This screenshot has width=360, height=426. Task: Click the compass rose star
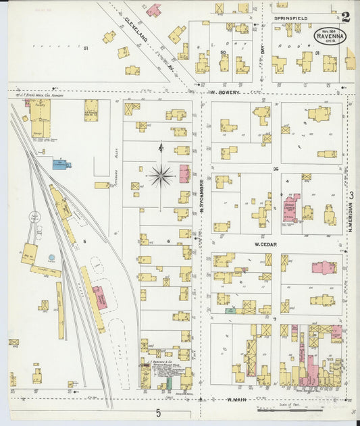click(x=161, y=177)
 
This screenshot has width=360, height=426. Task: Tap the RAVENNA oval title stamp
click(x=330, y=35)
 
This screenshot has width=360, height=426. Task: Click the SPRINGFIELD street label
click(x=290, y=17)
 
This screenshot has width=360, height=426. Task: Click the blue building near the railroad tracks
click(x=62, y=163)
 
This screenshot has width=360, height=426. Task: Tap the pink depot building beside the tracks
click(x=99, y=297)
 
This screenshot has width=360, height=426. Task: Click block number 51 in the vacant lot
click(x=86, y=49)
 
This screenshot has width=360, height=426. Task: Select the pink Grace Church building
click(x=291, y=207)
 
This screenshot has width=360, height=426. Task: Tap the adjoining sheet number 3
click(x=352, y=196)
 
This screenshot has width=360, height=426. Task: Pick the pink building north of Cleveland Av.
click(x=154, y=10)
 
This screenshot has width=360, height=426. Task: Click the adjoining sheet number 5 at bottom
click(x=158, y=412)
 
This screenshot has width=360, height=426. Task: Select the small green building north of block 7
click(x=231, y=311)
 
